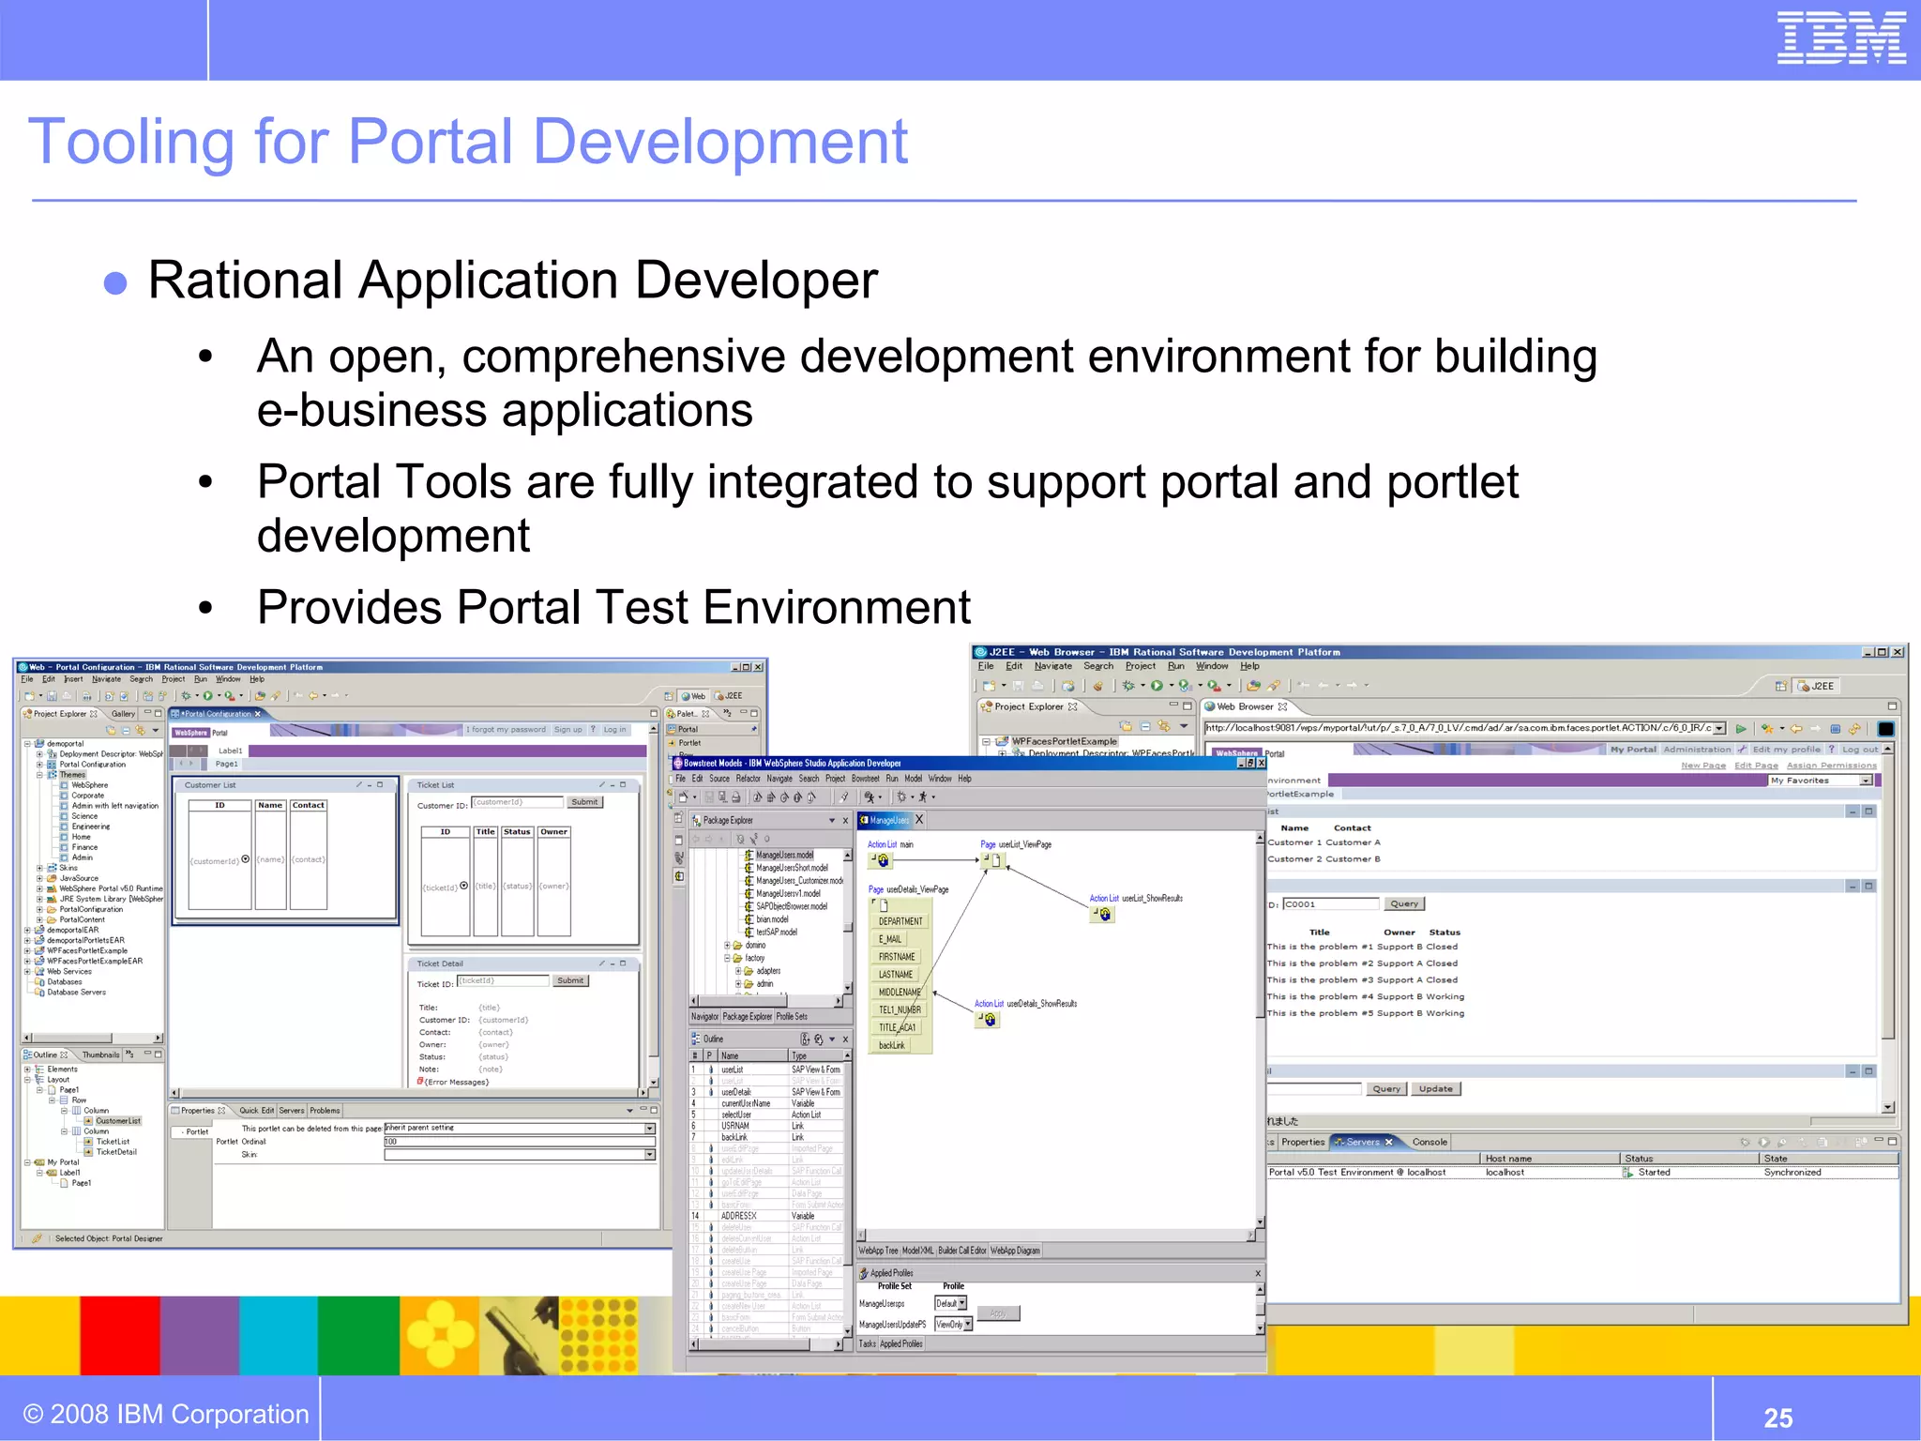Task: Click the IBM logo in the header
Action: pyautogui.click(x=1840, y=38)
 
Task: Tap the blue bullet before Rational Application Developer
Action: pyautogui.click(x=115, y=283)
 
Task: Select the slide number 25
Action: pyautogui.click(x=1777, y=1417)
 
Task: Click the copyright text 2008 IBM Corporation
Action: pyautogui.click(x=166, y=1414)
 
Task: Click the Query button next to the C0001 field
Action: pyautogui.click(x=1403, y=903)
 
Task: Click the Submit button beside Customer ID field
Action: pyautogui.click(x=584, y=802)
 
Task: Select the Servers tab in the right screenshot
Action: pyautogui.click(x=1362, y=1142)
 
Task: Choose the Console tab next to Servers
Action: pyautogui.click(x=1429, y=1142)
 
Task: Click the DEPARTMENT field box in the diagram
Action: pyautogui.click(x=900, y=921)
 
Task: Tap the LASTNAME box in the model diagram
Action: pyautogui.click(x=896, y=975)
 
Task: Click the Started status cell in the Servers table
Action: pyautogui.click(x=1654, y=1172)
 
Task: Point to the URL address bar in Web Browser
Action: pyautogui.click(x=1459, y=728)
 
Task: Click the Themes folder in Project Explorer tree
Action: pyautogui.click(x=72, y=775)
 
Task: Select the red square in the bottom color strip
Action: pyautogui.click(x=119, y=1335)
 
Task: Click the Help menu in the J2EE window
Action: pyautogui.click(x=1249, y=666)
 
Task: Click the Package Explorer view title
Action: pyautogui.click(x=728, y=820)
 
